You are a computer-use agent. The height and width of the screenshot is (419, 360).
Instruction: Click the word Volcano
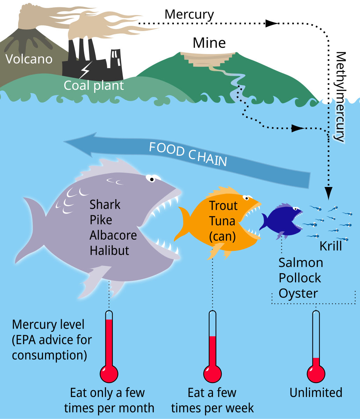29,59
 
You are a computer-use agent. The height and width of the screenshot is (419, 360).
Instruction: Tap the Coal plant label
94,85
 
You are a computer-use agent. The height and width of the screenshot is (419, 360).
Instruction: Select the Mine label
209,43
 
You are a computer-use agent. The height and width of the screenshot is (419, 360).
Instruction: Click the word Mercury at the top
189,15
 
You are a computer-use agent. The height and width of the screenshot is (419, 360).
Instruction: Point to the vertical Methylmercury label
340,96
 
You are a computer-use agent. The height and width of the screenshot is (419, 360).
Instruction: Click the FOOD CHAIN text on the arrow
188,154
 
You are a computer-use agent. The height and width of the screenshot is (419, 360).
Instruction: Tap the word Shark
105,204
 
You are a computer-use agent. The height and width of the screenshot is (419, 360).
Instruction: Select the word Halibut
109,250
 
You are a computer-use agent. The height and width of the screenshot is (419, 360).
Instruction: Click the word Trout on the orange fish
223,206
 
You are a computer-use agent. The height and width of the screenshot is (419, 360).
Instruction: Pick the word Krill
331,246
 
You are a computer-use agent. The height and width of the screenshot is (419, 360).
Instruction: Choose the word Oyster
299,293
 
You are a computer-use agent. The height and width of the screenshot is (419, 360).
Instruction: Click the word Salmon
301,262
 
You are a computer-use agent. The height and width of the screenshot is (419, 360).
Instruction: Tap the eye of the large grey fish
152,179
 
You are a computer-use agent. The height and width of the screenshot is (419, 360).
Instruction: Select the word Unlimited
316,393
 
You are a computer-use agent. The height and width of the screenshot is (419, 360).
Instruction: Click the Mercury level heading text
48,324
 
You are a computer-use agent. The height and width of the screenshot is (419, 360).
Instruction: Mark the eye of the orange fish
247,198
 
